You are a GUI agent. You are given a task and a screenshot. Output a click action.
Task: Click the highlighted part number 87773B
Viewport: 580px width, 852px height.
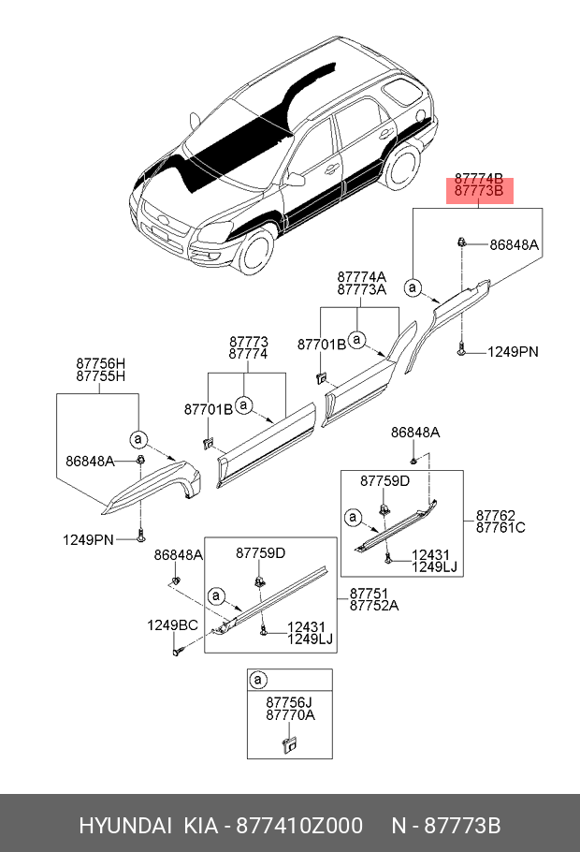479,190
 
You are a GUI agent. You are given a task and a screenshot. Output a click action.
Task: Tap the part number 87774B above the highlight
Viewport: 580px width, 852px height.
479,178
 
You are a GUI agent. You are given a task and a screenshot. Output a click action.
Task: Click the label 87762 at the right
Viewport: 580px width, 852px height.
495,514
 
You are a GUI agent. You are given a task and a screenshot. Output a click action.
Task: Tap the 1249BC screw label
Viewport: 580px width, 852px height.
171,624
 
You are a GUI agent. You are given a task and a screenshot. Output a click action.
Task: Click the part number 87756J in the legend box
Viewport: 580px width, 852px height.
289,700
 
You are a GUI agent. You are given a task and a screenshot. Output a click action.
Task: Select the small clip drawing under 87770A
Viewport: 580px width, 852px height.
289,744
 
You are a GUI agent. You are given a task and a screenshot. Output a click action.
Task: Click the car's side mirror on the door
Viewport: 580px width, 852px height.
297,179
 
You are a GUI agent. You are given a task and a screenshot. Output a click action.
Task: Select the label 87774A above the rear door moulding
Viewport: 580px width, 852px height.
361,276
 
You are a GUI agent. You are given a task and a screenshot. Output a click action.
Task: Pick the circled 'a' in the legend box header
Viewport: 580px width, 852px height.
260,679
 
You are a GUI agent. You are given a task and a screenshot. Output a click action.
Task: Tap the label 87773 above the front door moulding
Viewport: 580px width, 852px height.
249,343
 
